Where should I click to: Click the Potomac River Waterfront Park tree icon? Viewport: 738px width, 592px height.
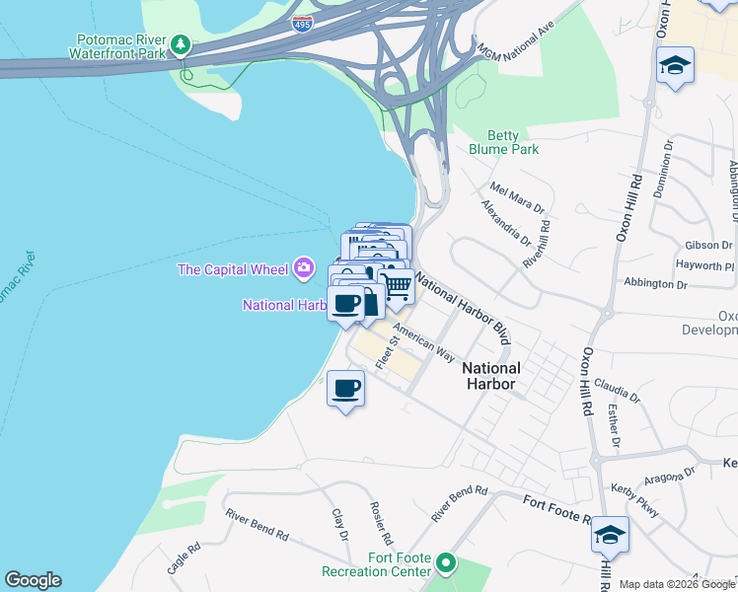click(x=181, y=44)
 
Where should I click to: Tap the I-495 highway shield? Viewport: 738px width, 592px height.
click(x=304, y=23)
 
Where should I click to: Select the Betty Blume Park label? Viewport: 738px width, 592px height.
click(x=513, y=143)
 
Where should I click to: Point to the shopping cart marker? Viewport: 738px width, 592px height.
click(x=397, y=287)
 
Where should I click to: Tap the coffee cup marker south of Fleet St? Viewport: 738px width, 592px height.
click(x=345, y=388)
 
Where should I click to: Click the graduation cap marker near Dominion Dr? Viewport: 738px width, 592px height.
click(x=676, y=66)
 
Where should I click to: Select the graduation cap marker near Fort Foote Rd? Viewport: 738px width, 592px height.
click(x=610, y=535)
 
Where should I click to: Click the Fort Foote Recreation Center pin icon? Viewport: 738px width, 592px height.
click(x=446, y=564)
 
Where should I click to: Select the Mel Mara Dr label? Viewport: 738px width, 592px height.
click(x=517, y=197)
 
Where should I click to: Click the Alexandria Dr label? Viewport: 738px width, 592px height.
click(x=505, y=224)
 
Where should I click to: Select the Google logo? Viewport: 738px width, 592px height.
click(x=33, y=580)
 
